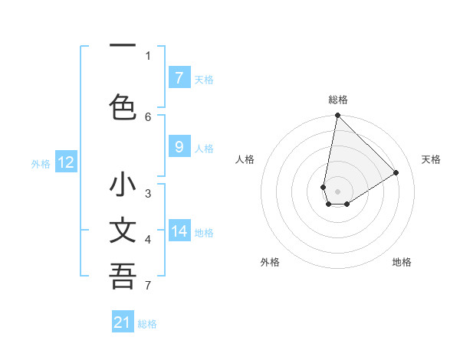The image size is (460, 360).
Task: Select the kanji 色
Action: [x=123, y=106]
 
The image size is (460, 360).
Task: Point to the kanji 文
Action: [x=123, y=231]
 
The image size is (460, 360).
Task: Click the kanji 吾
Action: [x=123, y=277]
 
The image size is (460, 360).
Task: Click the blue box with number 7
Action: [x=179, y=78]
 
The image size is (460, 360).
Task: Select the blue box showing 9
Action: [x=179, y=148]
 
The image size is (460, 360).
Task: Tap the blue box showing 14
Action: [x=179, y=231]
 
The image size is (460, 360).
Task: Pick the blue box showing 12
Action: [x=65, y=162]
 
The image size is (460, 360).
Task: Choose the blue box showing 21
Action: [x=123, y=322]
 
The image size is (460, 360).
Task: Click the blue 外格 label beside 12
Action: [x=41, y=163]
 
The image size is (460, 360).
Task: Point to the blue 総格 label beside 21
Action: [x=147, y=324]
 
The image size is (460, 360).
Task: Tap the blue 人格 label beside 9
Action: [x=204, y=149]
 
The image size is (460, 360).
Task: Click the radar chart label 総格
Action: [x=337, y=100]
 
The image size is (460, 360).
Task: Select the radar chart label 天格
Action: [x=431, y=159]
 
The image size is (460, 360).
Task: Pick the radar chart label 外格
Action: [x=270, y=262]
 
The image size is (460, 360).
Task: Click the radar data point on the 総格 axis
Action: [x=337, y=116]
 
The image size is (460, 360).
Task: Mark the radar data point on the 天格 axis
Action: [x=396, y=173]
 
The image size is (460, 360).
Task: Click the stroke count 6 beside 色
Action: [x=148, y=116]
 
